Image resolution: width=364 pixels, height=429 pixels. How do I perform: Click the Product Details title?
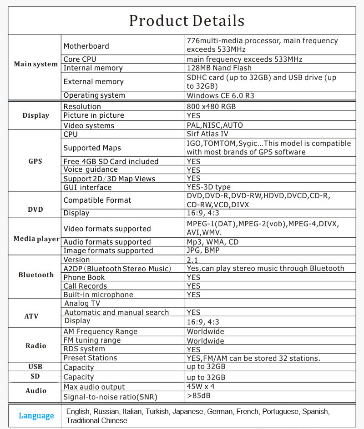[187, 21]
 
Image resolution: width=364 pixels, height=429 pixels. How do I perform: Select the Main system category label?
[36, 64]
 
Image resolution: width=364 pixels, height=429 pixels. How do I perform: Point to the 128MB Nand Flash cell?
[219, 68]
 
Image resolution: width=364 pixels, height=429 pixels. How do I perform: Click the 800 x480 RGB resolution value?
[211, 106]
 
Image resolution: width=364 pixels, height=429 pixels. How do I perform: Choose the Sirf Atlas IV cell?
[207, 134]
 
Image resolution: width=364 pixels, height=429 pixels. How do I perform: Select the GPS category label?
[35, 161]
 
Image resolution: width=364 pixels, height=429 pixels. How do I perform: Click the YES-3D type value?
[208, 187]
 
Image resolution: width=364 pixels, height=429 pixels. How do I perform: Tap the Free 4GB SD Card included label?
[111, 161]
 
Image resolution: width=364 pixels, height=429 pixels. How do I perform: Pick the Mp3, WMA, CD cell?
[212, 242]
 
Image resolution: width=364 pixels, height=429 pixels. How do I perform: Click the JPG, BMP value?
[203, 250]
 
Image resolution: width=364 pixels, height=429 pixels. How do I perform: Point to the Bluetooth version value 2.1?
[192, 259]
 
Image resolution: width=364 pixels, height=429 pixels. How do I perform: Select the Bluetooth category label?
[36, 275]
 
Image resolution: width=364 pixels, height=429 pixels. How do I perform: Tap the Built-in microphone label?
[98, 294]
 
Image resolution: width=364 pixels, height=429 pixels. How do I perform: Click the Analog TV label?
[82, 303]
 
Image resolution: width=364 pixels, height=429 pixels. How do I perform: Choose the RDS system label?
[84, 349]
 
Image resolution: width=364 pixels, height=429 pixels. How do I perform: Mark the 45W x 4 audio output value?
[201, 387]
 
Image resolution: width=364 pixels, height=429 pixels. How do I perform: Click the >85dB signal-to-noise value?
[198, 395]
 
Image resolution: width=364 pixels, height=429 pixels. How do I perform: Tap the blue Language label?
[36, 415]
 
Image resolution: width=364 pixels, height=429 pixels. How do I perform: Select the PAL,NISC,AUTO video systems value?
[215, 125]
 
